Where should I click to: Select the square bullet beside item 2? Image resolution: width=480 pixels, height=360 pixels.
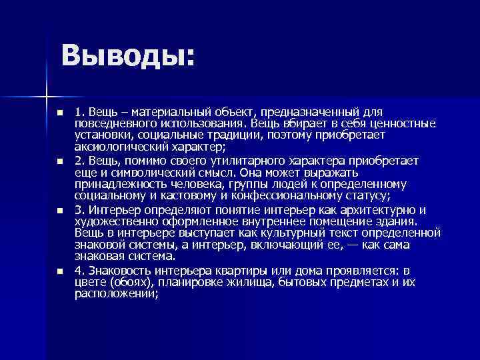[59, 161]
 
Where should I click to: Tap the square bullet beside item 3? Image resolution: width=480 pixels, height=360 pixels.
[59, 211]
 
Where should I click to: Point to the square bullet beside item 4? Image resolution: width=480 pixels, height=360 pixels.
[59, 271]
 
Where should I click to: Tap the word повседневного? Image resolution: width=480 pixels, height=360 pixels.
[115, 123]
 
